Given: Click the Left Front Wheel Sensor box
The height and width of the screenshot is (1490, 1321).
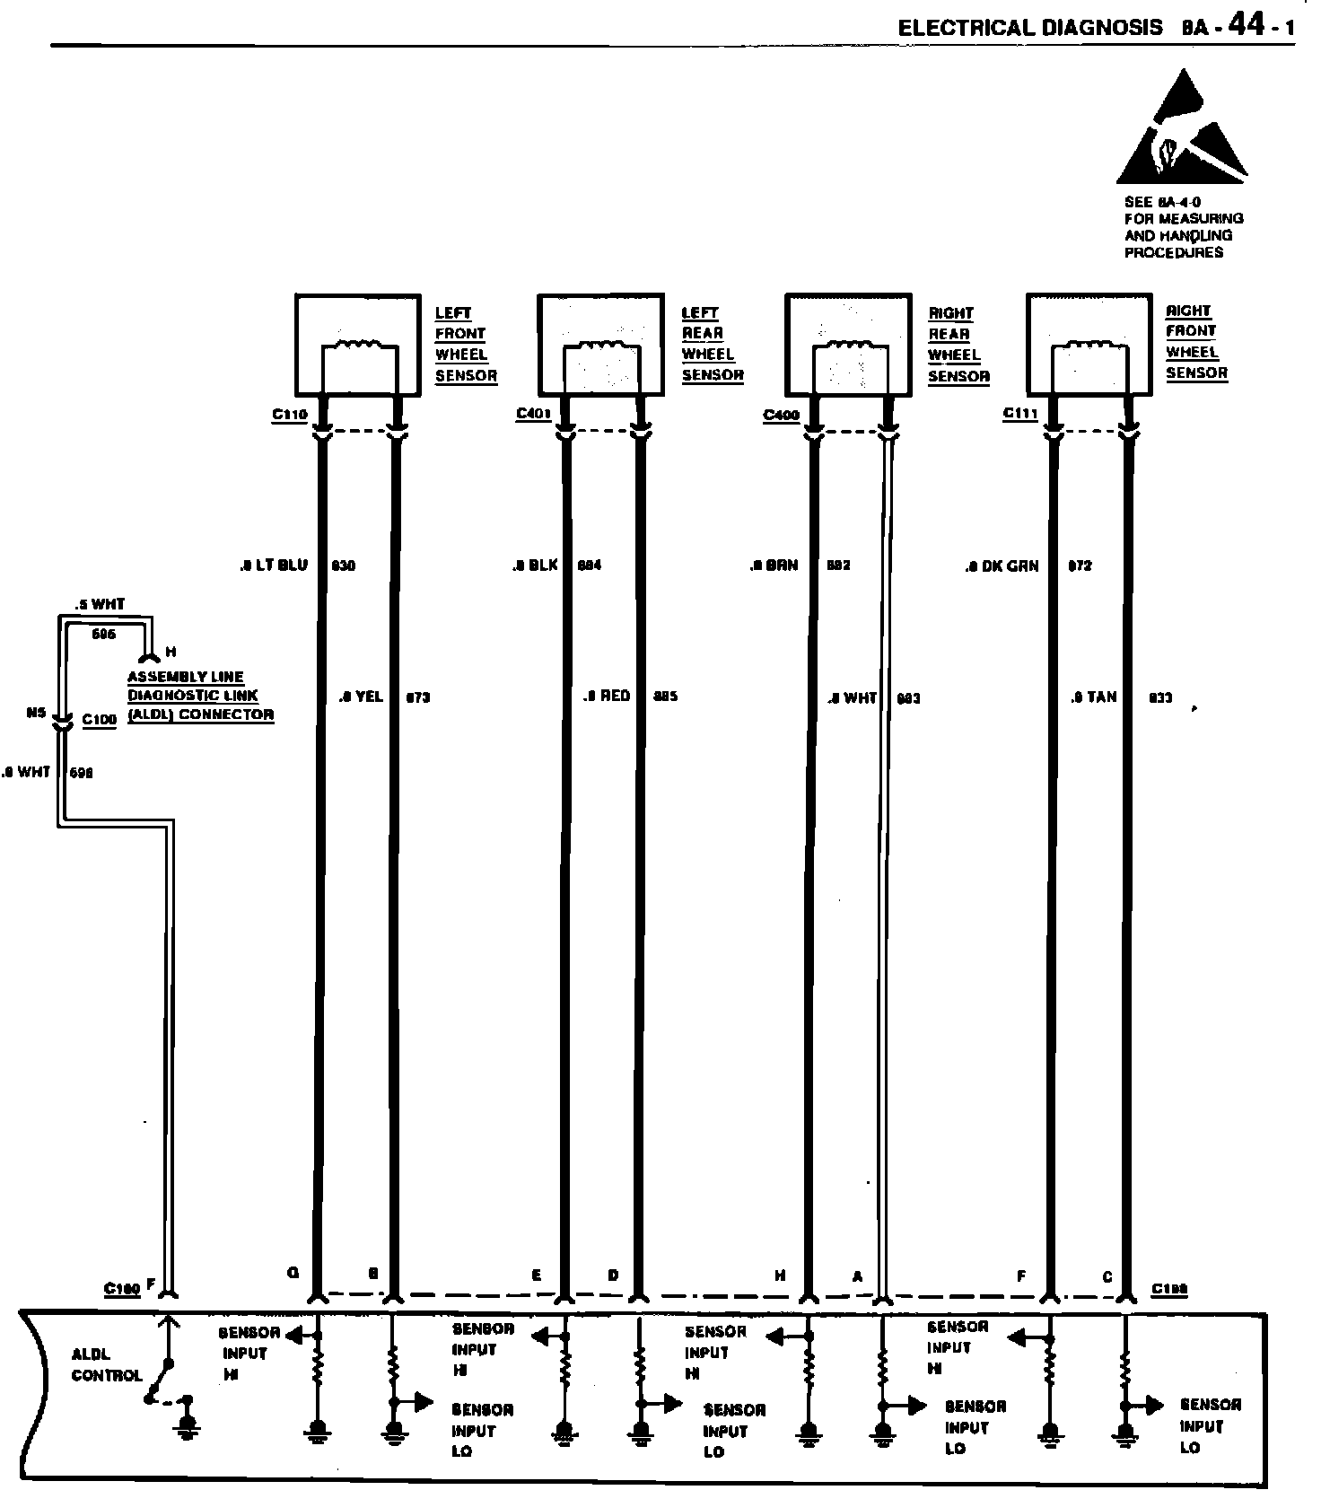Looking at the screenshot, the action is (358, 345).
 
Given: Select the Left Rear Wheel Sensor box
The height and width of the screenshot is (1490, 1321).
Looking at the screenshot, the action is (600, 345).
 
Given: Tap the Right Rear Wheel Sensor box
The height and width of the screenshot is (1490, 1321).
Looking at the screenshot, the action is (848, 345).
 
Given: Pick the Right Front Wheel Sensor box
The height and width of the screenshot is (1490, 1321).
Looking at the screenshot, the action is (1089, 343).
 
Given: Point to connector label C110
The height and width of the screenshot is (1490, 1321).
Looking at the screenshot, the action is (290, 415).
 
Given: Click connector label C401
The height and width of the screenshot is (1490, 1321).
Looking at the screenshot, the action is (533, 414).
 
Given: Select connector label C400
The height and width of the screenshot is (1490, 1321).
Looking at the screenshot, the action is (781, 415).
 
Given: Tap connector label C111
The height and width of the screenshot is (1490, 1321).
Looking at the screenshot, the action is (1020, 413).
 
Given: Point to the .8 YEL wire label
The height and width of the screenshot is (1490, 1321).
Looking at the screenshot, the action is (362, 697).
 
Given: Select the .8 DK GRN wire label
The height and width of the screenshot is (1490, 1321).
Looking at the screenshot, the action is (1002, 566).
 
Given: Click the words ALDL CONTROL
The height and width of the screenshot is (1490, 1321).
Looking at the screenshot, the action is (106, 1364).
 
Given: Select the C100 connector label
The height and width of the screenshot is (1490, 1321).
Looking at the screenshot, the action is (99, 720).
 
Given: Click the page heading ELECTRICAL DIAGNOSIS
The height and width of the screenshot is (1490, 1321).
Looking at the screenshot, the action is (1030, 28).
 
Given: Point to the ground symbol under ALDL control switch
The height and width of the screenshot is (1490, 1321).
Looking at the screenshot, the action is (188, 1426).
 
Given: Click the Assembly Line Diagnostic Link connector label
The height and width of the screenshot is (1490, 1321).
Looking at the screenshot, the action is (200, 696).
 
